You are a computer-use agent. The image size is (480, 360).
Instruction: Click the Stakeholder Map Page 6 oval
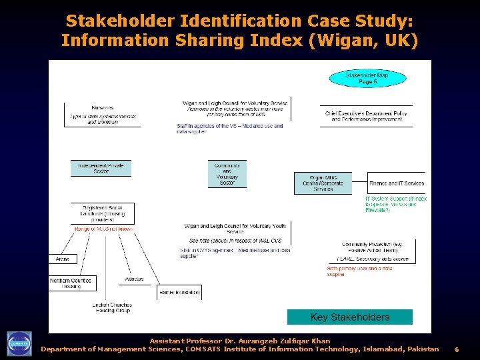(x=367, y=79)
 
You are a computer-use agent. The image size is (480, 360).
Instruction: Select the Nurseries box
(x=102, y=115)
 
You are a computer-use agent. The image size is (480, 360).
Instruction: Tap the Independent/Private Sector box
(x=101, y=168)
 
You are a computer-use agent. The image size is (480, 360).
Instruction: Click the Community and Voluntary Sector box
(x=227, y=174)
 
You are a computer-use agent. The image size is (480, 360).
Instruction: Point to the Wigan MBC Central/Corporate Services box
(x=323, y=183)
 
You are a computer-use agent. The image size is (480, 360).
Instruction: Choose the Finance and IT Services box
(x=395, y=183)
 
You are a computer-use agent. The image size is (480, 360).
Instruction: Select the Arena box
(x=62, y=259)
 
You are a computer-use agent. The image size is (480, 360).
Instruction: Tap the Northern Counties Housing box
(x=71, y=283)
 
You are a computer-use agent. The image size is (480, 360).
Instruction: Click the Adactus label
(x=134, y=279)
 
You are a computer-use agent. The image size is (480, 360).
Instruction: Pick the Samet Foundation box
(x=179, y=292)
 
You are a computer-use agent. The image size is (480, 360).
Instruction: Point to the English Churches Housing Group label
(x=112, y=308)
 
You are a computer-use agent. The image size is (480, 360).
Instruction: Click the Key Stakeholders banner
(x=350, y=317)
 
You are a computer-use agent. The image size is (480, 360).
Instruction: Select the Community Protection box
(x=373, y=251)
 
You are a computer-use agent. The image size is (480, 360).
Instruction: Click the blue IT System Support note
(x=396, y=204)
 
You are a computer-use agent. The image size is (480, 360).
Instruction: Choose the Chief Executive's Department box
(x=366, y=116)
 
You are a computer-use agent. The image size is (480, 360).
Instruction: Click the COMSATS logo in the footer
(x=19, y=343)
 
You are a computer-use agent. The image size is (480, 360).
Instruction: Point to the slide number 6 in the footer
(x=457, y=349)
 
